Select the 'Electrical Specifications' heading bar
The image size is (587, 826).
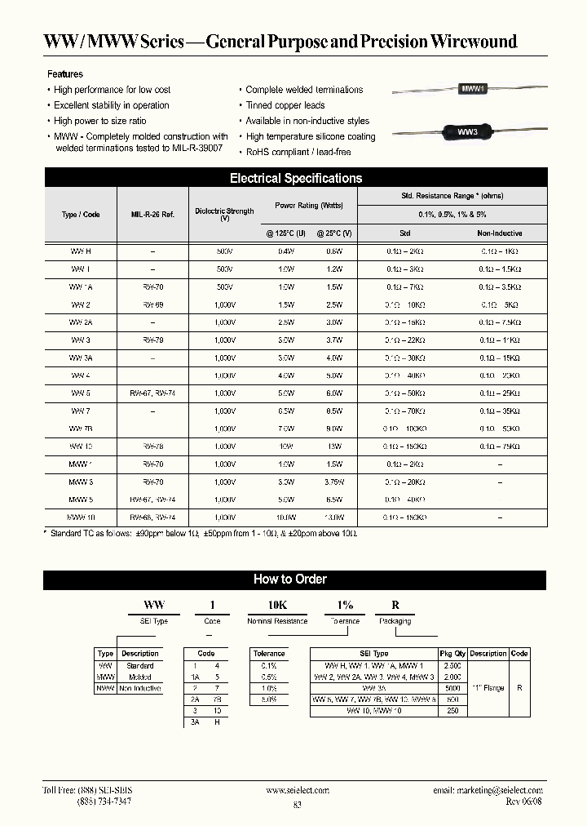pos(295,178)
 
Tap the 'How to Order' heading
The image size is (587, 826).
pos(290,580)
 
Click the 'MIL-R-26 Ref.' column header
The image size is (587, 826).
pos(152,214)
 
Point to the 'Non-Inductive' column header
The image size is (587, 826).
pos(499,233)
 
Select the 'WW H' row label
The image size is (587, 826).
pos(81,252)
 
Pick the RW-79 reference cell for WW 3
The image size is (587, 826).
pos(152,340)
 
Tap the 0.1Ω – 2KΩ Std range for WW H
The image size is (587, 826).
pos(405,252)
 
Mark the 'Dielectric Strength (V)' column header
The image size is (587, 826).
pos(224,214)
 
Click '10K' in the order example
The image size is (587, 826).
pos(276,606)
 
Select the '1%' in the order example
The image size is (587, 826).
pos(345,606)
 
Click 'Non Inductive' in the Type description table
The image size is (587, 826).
pos(140,688)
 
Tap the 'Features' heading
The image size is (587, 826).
pos(65,74)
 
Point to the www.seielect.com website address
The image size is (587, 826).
pos(297,790)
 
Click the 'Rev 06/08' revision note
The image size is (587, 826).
pos(523,802)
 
